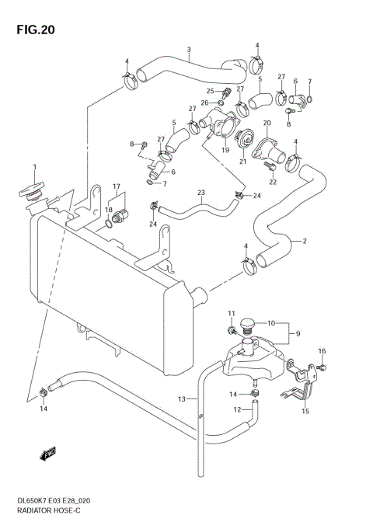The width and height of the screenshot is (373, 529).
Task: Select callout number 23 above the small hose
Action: (200, 193)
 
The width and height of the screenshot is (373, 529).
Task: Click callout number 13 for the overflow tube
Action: (180, 399)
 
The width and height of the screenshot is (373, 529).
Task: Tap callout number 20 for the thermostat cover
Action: (267, 124)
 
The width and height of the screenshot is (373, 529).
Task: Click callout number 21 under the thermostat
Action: (243, 162)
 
